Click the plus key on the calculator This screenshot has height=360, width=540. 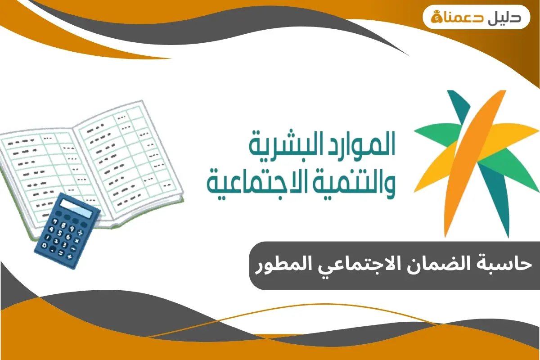[x=70, y=256]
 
